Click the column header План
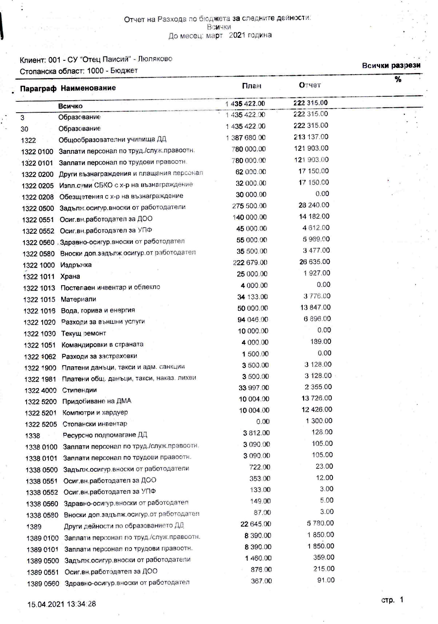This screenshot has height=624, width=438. (251, 86)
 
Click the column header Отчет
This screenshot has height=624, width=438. (310, 85)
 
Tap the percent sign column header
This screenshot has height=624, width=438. (398, 80)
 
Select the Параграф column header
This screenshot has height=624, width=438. (38, 88)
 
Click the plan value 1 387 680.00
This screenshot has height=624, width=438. (246, 138)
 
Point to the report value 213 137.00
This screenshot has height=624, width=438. (311, 137)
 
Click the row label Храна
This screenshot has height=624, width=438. (70, 276)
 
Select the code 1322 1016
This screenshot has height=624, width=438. (39, 311)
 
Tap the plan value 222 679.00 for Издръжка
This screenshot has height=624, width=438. (250, 262)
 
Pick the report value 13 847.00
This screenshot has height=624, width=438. (315, 307)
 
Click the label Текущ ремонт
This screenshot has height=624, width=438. (84, 333)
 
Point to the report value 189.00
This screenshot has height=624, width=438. (322, 342)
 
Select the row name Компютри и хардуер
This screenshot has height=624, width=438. (95, 412)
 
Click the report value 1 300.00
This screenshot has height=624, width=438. (319, 421)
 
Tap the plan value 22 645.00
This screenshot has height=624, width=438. (256, 524)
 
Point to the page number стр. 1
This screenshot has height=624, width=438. (392, 600)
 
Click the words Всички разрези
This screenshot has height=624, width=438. (391, 66)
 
